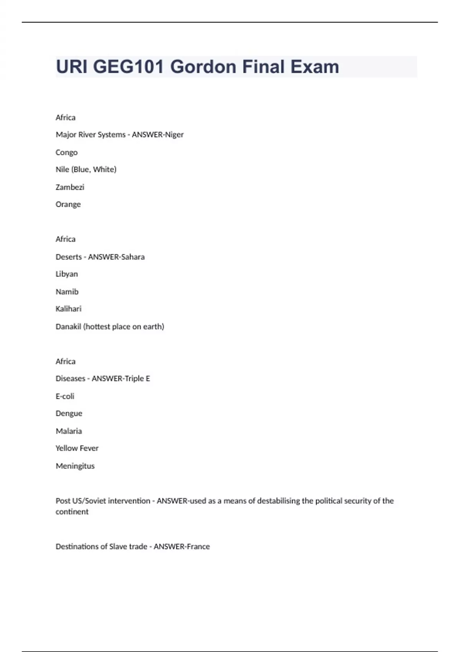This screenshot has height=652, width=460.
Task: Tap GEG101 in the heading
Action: click(128, 67)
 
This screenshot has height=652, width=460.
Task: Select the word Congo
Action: click(66, 152)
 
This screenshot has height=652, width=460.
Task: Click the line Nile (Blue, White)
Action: click(86, 169)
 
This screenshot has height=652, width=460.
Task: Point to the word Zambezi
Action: click(70, 187)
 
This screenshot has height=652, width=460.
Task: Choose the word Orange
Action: click(68, 204)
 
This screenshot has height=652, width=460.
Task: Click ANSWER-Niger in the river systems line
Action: click(158, 135)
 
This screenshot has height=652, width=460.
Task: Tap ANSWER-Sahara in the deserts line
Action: click(116, 257)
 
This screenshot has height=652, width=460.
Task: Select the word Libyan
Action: click(67, 274)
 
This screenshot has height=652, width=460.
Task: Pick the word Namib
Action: click(67, 291)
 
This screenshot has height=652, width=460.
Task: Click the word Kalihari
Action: click(68, 309)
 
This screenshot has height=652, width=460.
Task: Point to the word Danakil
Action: click(68, 326)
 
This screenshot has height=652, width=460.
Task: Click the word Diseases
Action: click(70, 379)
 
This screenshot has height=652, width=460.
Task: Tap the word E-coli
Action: click(65, 396)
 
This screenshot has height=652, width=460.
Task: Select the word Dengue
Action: click(69, 413)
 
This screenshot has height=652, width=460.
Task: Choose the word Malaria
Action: click(69, 431)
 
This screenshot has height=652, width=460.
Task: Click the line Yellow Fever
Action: click(77, 448)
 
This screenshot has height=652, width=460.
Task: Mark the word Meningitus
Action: click(75, 466)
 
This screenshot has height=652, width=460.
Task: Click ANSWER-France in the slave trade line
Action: click(182, 547)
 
